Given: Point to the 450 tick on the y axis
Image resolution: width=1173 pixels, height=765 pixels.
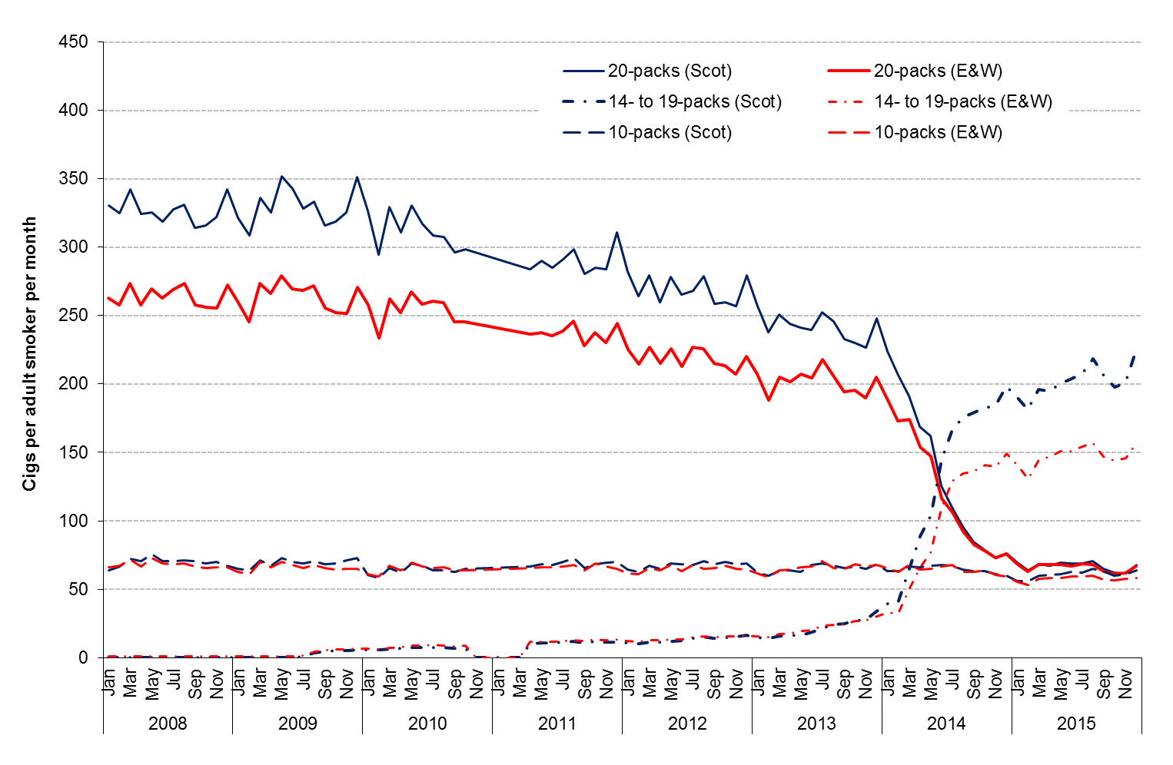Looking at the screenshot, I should coord(73,41).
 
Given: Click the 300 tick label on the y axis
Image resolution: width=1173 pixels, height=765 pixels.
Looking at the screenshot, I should coord(73,247).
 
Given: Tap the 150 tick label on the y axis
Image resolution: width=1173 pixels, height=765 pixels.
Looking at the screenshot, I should coord(73,452).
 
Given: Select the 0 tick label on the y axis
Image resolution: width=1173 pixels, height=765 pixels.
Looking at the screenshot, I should coord(83,658).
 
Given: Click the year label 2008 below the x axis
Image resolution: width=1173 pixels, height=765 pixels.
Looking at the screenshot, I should coord(168,724).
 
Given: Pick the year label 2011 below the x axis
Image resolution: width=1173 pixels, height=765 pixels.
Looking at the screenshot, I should coord(557,724).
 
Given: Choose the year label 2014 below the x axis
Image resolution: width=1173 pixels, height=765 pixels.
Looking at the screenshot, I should coord(946,724).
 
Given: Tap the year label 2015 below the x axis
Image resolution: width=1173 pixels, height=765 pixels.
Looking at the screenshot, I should coord(1076,724).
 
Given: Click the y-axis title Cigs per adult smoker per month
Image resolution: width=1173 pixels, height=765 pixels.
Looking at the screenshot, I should coord(29,353).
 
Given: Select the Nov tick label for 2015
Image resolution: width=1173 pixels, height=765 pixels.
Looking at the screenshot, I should coord(1125,683).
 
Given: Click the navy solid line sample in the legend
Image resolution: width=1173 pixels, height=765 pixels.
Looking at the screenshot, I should coord(583,71).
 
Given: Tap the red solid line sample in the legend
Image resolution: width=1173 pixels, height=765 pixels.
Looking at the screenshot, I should coord(849,71).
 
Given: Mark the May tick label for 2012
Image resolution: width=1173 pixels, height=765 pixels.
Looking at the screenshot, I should coord(671,683).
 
